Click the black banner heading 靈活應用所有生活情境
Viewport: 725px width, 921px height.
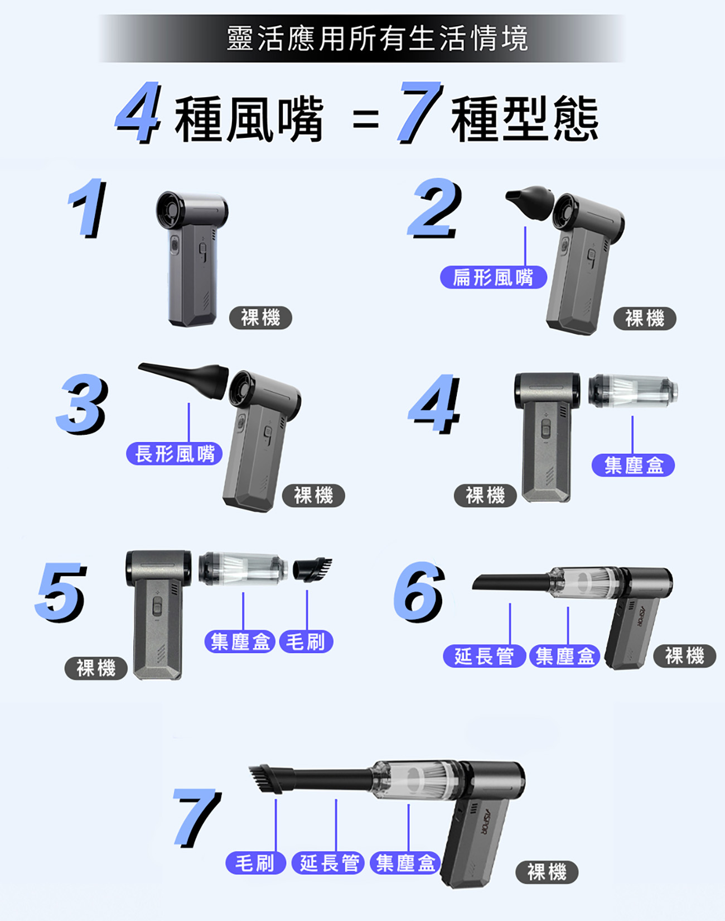377,39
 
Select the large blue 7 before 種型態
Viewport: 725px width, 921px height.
419,112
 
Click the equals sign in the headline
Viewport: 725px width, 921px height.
366,119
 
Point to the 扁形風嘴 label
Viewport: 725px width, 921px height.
494,277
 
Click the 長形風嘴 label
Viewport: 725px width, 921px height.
175,453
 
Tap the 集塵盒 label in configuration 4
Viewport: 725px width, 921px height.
633,465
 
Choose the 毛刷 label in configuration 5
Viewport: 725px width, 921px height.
306,641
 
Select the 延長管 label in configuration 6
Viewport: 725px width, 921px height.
485,656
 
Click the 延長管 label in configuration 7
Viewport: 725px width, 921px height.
328,863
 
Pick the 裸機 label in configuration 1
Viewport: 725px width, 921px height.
260,318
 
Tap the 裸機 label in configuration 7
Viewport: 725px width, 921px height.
547,872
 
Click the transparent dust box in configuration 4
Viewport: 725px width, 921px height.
633,390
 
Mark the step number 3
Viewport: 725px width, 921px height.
82,404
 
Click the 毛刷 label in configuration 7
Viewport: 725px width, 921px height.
255,863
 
